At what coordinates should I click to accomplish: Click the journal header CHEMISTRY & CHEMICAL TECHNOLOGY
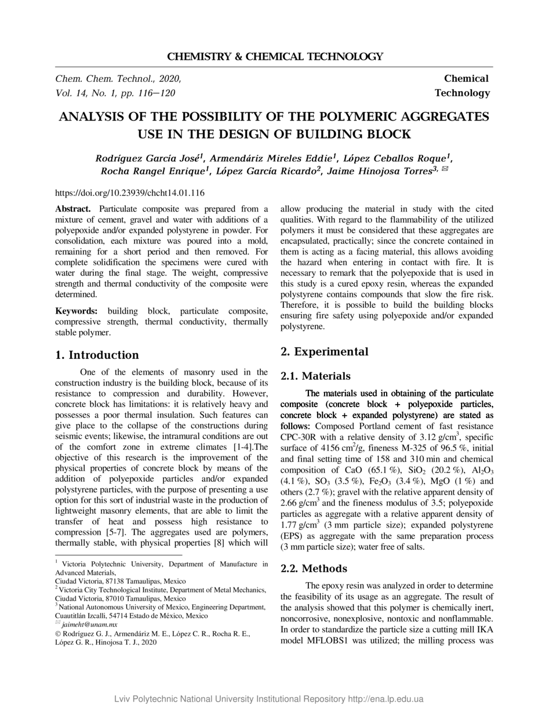click(275, 57)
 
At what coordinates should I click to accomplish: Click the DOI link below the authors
click(130, 193)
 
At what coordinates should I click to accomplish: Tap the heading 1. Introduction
click(97, 355)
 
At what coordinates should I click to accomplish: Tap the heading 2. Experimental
click(324, 351)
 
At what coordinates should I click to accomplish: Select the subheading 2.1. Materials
click(315, 376)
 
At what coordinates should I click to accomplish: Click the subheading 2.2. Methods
click(314, 568)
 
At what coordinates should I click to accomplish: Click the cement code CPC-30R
click(300, 436)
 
